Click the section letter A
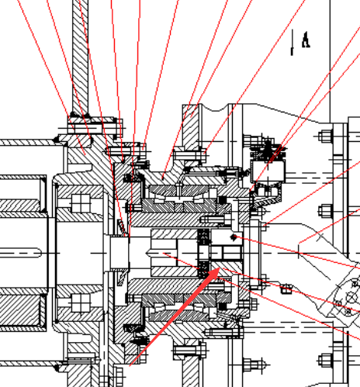[x=306, y=40]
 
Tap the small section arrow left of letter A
[x=292, y=42]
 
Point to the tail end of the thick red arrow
[x=130, y=365]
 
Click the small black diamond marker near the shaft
[x=234, y=237]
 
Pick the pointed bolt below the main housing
[x=254, y=365]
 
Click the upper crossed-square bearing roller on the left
[x=81, y=203]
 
